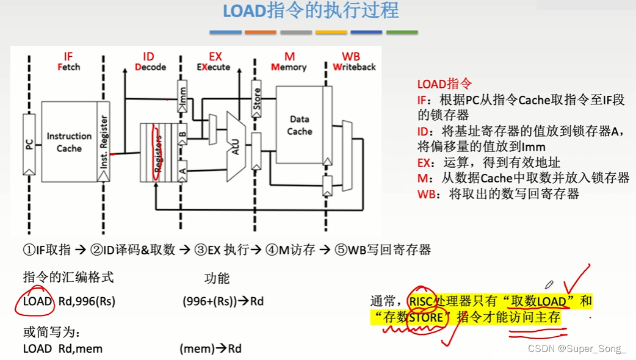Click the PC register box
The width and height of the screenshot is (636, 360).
click(x=29, y=144)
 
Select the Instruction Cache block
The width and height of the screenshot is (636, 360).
click(x=69, y=142)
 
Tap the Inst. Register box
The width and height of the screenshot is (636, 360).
click(x=104, y=142)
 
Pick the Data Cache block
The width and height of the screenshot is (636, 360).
click(x=299, y=125)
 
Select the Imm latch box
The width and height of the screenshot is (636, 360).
click(x=182, y=95)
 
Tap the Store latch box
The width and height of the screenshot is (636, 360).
click(x=256, y=98)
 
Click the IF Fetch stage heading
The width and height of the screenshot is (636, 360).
click(x=68, y=62)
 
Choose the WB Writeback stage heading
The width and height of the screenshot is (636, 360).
click(x=354, y=62)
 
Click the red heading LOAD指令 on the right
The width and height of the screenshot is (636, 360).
click(x=445, y=85)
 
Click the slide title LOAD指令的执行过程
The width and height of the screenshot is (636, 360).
click(x=311, y=11)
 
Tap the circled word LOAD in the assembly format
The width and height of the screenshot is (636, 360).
click(x=38, y=301)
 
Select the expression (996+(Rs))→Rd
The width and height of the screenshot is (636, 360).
click(x=223, y=301)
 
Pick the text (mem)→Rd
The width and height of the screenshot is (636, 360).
click(x=211, y=349)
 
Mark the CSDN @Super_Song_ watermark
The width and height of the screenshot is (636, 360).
click(x=577, y=349)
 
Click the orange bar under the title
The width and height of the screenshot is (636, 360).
click(x=261, y=32)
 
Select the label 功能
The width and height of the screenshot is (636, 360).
click(x=217, y=279)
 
